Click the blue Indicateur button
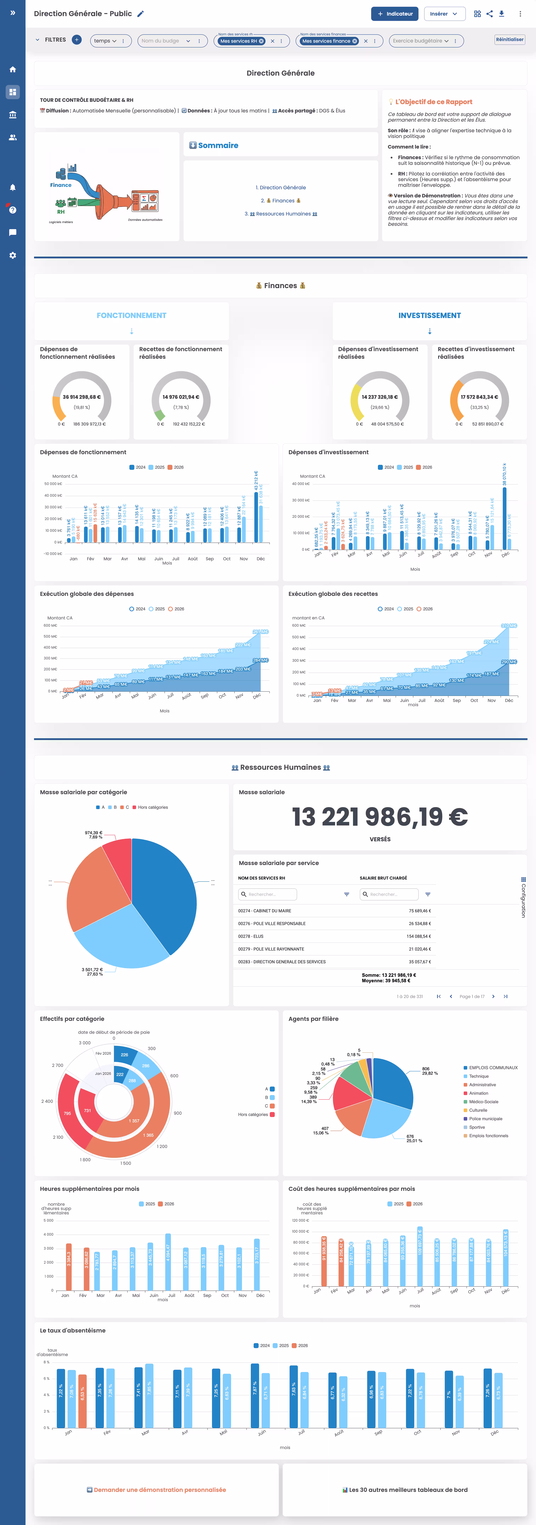coord(394,14)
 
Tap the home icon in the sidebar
coord(12,69)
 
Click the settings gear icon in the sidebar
coord(12,255)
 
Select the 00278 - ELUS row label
coord(250,936)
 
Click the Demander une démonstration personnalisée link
coord(156,1489)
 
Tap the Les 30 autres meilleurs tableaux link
coord(405,1489)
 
